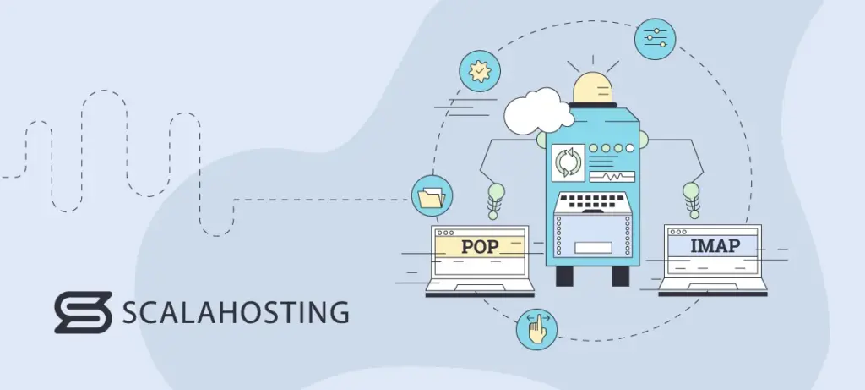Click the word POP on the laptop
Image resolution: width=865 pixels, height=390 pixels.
pos(480,247)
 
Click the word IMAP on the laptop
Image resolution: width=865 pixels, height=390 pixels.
pos(715,245)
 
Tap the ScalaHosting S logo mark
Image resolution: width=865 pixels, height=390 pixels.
pos(83,313)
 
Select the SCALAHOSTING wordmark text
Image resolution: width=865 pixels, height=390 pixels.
pos(236,313)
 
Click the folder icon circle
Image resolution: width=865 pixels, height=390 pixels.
pos(431,197)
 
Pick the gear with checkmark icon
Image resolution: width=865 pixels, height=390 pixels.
pos(480,71)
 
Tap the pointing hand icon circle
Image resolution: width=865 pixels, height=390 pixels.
pos(537,328)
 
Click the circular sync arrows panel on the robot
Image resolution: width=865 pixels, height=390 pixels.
pos(567,162)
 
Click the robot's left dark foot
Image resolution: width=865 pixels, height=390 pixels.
pos(563,276)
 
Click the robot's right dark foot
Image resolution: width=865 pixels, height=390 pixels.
pos(620,276)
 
